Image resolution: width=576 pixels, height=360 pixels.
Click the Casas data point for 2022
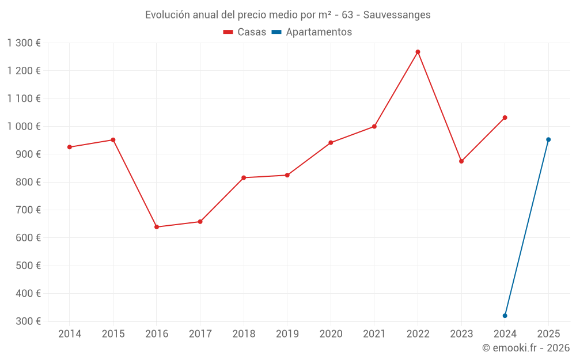click(x=418, y=52)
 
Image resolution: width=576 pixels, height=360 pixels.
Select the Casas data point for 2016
click(x=157, y=227)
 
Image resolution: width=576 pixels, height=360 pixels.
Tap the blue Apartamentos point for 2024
click(x=505, y=316)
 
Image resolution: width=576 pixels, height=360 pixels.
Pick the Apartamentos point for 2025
click(x=548, y=139)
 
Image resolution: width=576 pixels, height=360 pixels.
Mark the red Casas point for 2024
click(x=505, y=118)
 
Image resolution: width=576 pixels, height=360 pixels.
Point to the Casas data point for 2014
click(x=70, y=147)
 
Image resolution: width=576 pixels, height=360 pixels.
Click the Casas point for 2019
click(x=287, y=175)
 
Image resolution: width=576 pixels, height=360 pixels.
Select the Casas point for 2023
click(x=461, y=161)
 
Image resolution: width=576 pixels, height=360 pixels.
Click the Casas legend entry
click(x=245, y=32)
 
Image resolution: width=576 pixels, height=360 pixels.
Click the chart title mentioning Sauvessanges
click(x=287, y=15)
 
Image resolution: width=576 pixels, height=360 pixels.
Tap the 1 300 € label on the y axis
click(x=24, y=43)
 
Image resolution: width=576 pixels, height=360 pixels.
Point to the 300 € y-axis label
click(x=29, y=321)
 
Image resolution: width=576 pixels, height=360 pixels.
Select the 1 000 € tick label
click(x=24, y=127)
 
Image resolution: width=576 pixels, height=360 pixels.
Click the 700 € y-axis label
click(x=29, y=210)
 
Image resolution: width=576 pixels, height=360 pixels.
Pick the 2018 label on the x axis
click(x=244, y=334)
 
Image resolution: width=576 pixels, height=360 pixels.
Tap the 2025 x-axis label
click(x=548, y=334)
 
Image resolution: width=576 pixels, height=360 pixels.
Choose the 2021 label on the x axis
click(x=374, y=334)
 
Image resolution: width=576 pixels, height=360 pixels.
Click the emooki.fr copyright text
click(x=525, y=348)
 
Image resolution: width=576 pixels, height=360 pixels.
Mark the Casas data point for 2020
click(x=331, y=142)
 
